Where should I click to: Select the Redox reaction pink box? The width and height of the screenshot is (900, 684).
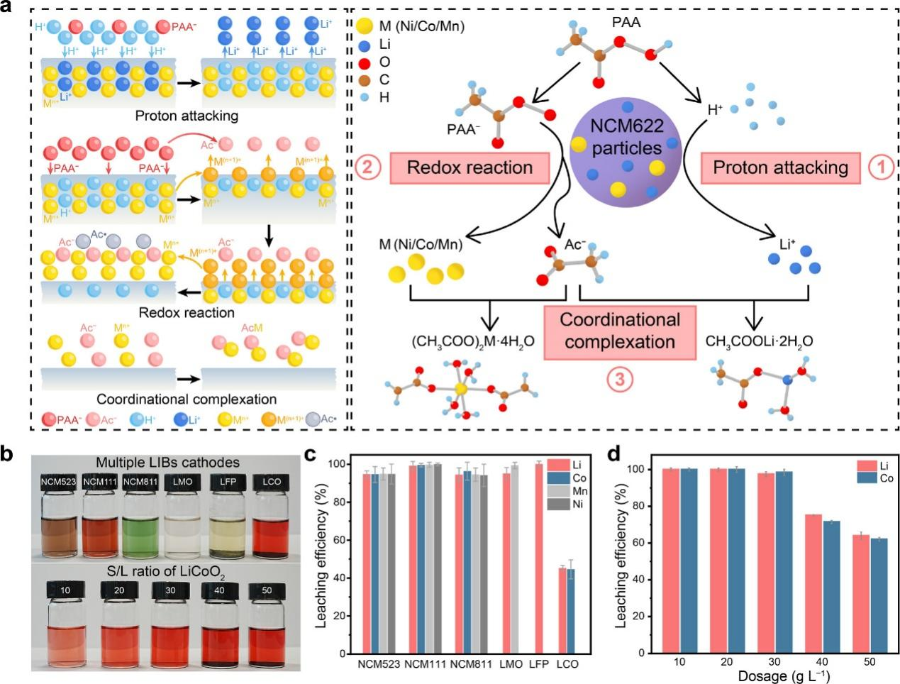470,167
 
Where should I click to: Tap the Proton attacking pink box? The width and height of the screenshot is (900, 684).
780,167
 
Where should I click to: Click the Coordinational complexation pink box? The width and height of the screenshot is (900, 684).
619,331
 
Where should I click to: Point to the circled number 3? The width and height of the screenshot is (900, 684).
619,380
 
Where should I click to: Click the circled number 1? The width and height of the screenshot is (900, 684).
882,167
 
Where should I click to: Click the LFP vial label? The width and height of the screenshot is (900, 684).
227,482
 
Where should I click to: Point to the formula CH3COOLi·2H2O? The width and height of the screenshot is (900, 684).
759,342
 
